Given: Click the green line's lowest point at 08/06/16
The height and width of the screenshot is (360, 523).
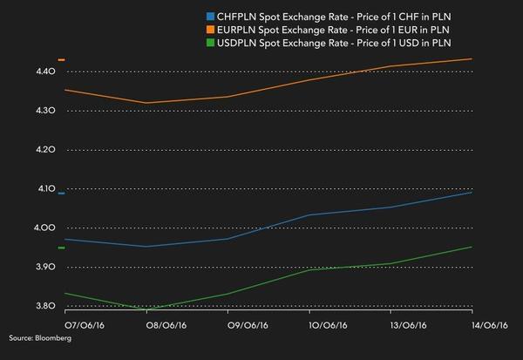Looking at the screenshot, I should (x=146, y=309).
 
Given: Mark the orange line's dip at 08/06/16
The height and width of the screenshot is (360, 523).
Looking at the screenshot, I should (x=146, y=103).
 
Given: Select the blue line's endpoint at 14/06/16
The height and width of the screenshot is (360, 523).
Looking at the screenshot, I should (x=472, y=193).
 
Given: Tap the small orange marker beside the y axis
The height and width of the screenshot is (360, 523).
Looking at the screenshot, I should (x=61, y=60).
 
